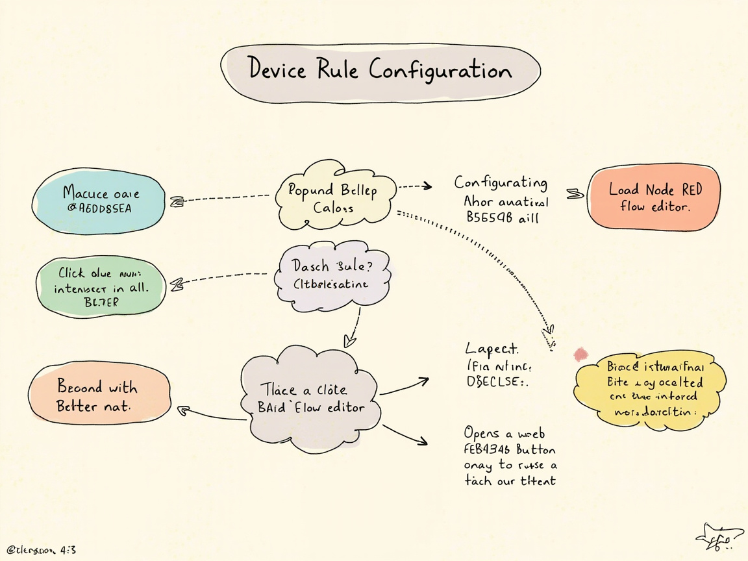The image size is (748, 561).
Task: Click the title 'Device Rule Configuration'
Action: coord(380,70)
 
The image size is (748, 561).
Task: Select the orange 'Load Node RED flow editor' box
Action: coord(654,197)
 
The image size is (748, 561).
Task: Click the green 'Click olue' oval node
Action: coord(101,286)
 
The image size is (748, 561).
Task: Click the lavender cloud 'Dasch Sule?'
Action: coord(332,275)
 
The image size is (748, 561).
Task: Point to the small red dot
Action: coord(580,354)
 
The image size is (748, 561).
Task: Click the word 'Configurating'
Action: coord(501,182)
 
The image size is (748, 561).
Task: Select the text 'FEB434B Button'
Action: coord(510,449)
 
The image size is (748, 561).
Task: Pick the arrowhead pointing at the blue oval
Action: coord(175,203)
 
